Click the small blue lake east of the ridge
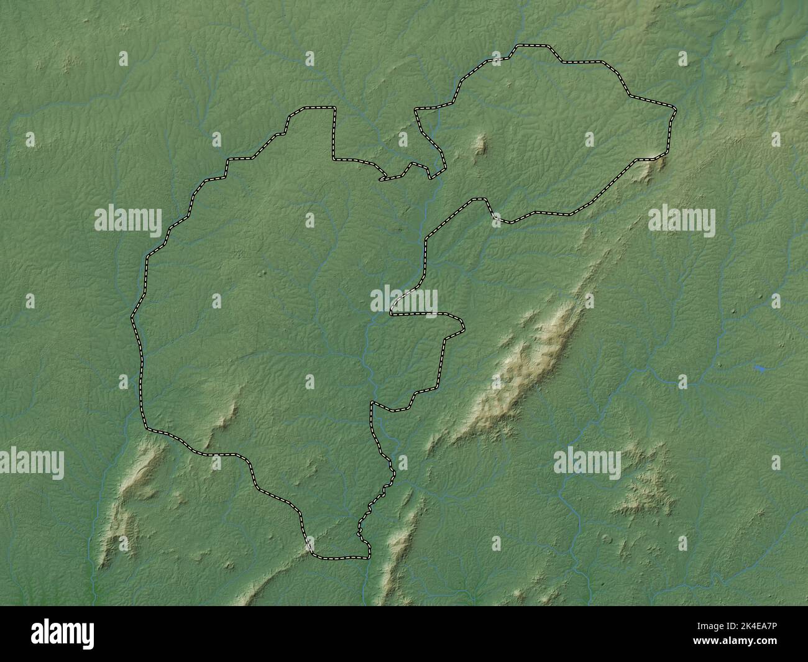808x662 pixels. (760, 369)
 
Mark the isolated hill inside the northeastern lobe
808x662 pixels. (480, 145)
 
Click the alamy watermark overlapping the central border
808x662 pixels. (404, 300)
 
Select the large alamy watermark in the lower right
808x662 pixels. (587, 463)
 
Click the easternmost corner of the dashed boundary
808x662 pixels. (675, 111)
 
